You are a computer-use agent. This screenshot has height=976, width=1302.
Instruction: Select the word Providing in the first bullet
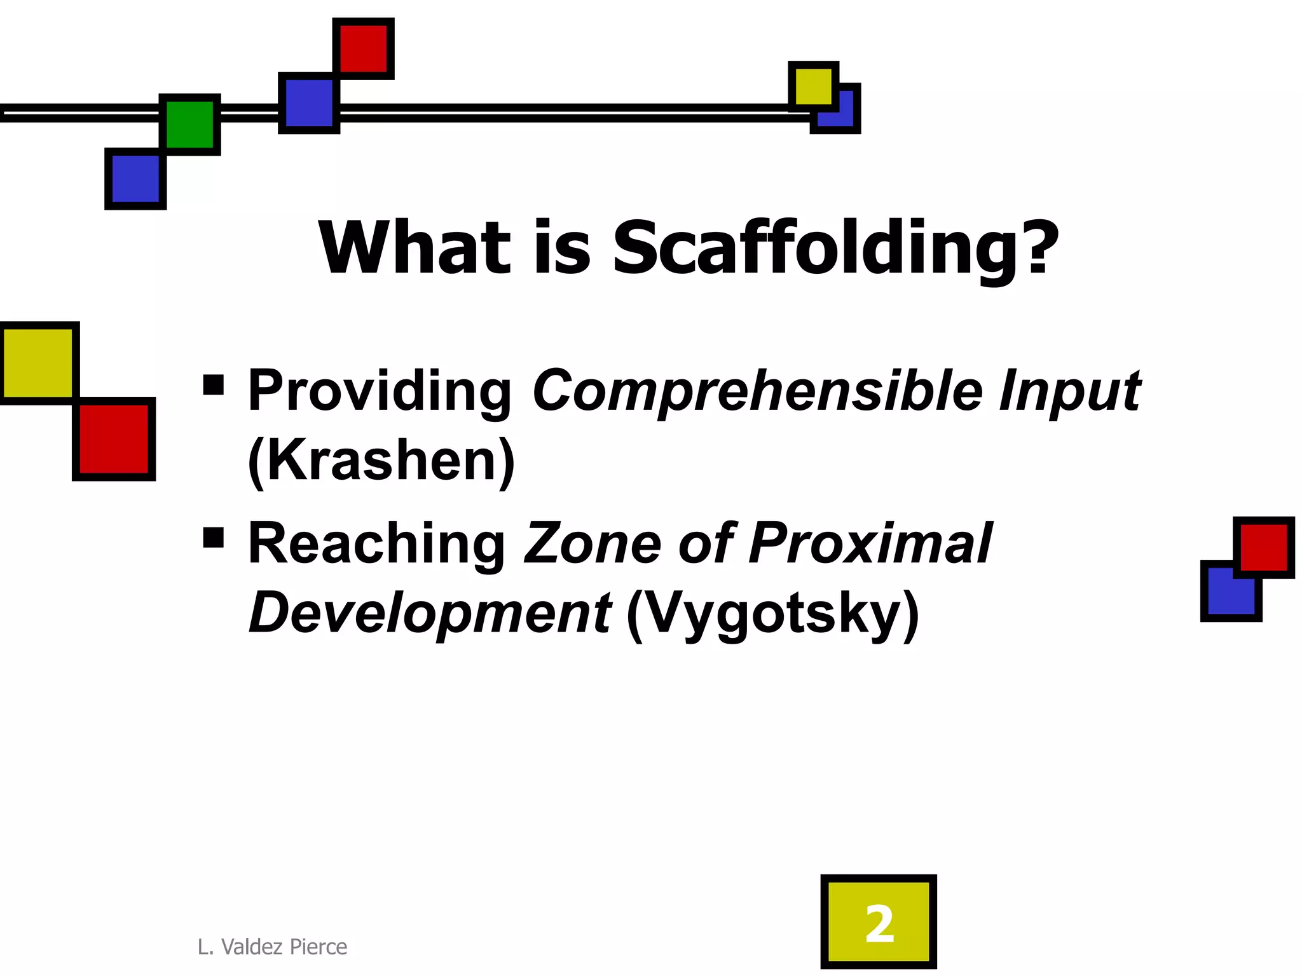380,391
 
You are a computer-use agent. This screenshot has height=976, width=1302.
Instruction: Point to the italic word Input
1069,391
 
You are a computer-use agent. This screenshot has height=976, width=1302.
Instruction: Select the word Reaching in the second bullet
376,544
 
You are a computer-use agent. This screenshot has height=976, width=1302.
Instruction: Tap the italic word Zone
591,544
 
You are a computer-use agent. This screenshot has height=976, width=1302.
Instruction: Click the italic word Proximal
870,544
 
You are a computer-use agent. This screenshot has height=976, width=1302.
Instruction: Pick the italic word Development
430,613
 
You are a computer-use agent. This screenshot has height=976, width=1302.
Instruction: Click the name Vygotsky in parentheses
772,613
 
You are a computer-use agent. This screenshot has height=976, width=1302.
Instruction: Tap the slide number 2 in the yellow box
879,925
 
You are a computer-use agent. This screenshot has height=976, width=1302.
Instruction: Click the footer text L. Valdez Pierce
272,947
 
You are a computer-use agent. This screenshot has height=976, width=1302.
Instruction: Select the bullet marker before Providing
214,385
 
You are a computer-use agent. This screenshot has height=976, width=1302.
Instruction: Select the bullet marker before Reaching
214,538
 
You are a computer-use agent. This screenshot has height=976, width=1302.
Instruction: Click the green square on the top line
190,125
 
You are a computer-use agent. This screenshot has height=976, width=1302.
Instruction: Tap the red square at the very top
364,48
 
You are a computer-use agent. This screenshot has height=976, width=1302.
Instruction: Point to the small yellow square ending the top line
813,86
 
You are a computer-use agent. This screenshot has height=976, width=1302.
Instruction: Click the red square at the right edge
1264,547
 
